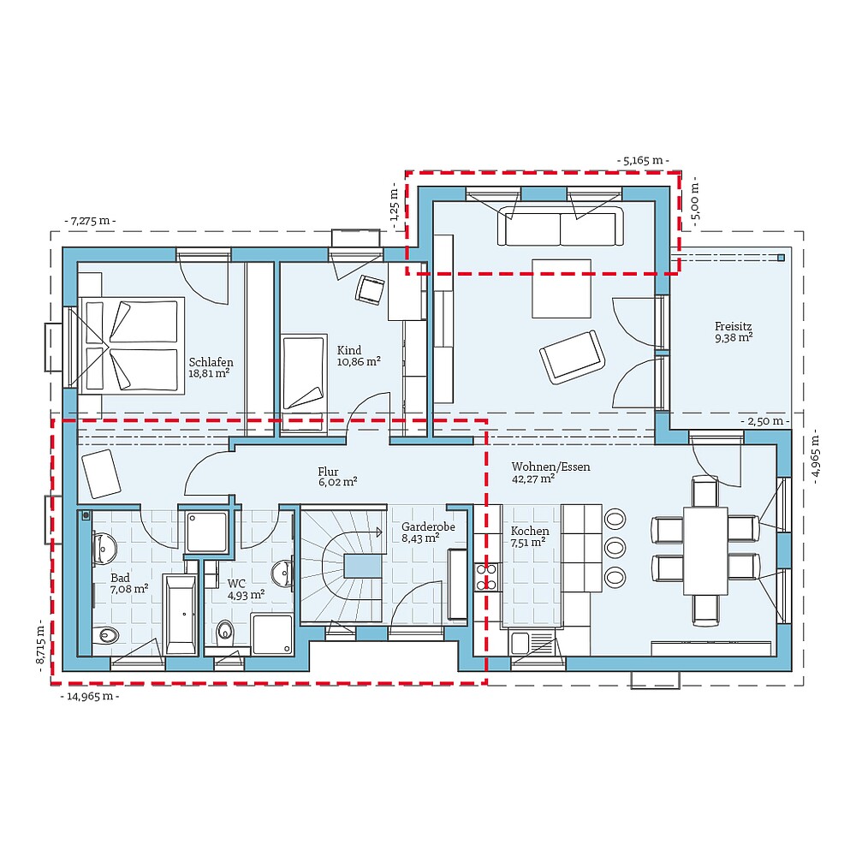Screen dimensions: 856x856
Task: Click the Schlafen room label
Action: (x=211, y=362)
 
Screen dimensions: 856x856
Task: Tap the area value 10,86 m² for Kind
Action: (x=359, y=362)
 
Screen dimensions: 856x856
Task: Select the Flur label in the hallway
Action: (x=328, y=472)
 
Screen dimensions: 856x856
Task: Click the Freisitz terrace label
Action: (x=734, y=326)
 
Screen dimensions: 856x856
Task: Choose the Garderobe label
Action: (x=428, y=526)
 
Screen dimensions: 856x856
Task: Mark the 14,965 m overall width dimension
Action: (x=90, y=696)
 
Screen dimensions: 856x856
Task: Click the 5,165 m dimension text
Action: (x=643, y=160)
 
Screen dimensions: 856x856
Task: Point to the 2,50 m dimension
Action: (x=764, y=421)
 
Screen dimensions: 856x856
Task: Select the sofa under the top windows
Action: (x=561, y=226)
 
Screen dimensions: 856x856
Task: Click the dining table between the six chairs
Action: (x=705, y=551)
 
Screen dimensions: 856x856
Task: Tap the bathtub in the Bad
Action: (x=181, y=614)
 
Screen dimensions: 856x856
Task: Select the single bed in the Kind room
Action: (x=304, y=372)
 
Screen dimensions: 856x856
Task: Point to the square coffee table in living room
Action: (x=561, y=288)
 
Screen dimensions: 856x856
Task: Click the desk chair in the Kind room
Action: (x=371, y=289)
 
